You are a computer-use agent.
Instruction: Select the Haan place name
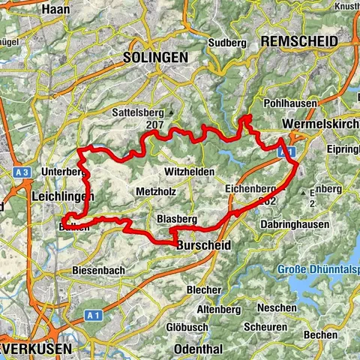coord(55,10)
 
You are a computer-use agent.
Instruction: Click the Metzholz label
coord(156,192)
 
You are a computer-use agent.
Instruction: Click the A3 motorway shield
coord(22,173)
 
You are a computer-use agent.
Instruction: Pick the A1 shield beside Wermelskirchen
coord(286,151)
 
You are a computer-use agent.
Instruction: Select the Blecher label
coord(204,289)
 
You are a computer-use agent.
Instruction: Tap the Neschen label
coord(271,308)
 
